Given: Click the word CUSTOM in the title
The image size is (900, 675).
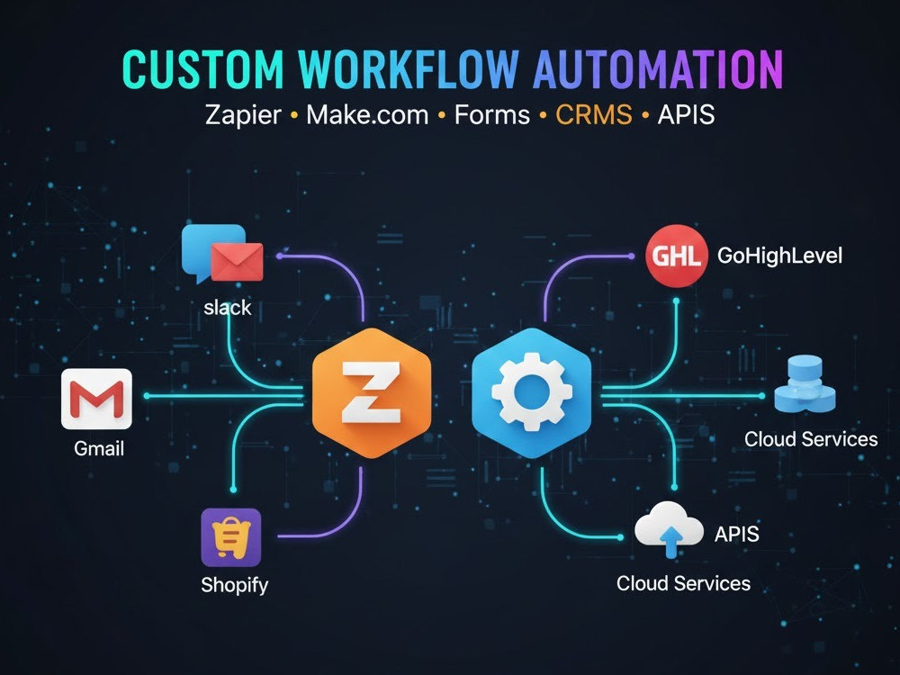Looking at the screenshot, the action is pyautogui.click(x=203, y=69).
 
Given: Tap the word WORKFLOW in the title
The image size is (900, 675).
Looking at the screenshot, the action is pyautogui.click(x=409, y=69).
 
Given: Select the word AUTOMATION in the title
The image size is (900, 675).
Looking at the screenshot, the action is pyautogui.click(x=658, y=69).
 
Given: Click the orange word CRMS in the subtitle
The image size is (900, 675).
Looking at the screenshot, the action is pyautogui.click(x=593, y=114).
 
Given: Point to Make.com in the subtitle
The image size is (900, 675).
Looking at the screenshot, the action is pyautogui.click(x=367, y=115).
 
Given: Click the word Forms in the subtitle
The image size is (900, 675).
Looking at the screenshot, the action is pyautogui.click(x=492, y=115).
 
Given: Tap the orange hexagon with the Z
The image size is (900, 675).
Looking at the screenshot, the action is pyautogui.click(x=372, y=393).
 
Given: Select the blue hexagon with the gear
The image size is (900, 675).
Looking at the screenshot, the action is pyautogui.click(x=532, y=393).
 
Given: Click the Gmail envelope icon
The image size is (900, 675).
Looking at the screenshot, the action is pyautogui.click(x=96, y=399).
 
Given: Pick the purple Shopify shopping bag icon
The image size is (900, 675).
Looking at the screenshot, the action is pyautogui.click(x=230, y=537).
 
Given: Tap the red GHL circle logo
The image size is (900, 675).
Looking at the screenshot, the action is pyautogui.click(x=676, y=255).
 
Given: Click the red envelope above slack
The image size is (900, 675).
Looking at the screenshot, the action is pyautogui.click(x=237, y=262).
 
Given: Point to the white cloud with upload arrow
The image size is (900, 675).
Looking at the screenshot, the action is pyautogui.click(x=669, y=529).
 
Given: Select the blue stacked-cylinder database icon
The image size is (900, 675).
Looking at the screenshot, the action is pyautogui.click(x=805, y=384).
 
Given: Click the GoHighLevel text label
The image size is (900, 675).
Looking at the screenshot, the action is pyautogui.click(x=779, y=256).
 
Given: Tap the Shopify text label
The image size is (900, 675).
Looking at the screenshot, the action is pyautogui.click(x=234, y=585).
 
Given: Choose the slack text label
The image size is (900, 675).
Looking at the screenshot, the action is pyautogui.click(x=228, y=308).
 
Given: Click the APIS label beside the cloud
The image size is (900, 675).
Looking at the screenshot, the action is pyautogui.click(x=736, y=535).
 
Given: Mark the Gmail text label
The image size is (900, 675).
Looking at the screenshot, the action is pyautogui.click(x=99, y=448).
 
